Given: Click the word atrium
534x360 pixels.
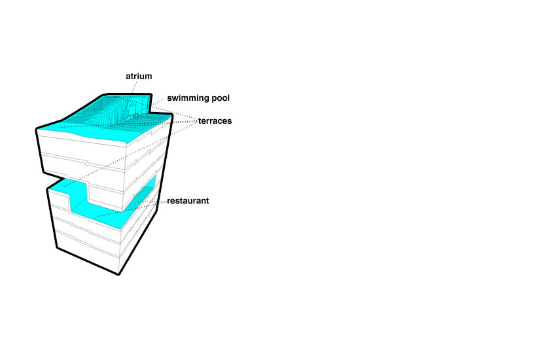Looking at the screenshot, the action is (x=139, y=77).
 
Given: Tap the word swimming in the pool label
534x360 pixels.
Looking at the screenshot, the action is (x=188, y=98).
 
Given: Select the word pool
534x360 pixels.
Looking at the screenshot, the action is (x=221, y=98).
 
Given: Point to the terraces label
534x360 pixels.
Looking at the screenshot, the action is (x=215, y=121).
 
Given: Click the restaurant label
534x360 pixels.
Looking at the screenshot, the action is (x=188, y=201).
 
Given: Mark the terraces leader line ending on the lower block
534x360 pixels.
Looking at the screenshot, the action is (x=131, y=154).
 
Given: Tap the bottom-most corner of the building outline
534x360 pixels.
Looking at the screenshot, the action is (x=118, y=274).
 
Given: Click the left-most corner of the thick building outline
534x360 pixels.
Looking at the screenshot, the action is (x=36, y=129).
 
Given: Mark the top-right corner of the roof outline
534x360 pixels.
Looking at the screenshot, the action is (x=151, y=94).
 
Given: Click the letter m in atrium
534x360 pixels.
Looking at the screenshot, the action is (x=148, y=77).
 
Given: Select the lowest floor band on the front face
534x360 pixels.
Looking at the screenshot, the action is (x=88, y=251).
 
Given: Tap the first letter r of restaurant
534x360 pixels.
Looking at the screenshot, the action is (x=168, y=202).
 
